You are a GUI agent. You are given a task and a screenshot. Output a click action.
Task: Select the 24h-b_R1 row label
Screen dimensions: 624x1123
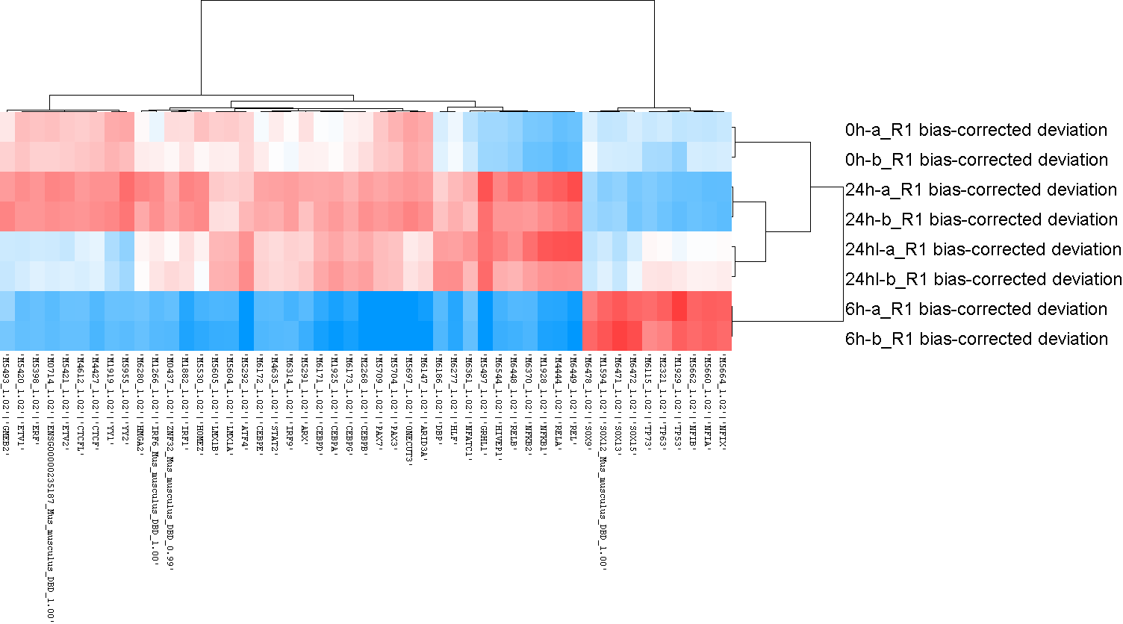tap(981, 219)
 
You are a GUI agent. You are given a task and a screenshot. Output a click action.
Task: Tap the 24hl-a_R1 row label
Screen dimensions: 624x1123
tap(983, 249)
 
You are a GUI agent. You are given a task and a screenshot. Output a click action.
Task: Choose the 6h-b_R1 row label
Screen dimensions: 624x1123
tap(977, 339)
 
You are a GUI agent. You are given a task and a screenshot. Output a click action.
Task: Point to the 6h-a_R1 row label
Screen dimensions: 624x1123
tap(976, 309)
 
